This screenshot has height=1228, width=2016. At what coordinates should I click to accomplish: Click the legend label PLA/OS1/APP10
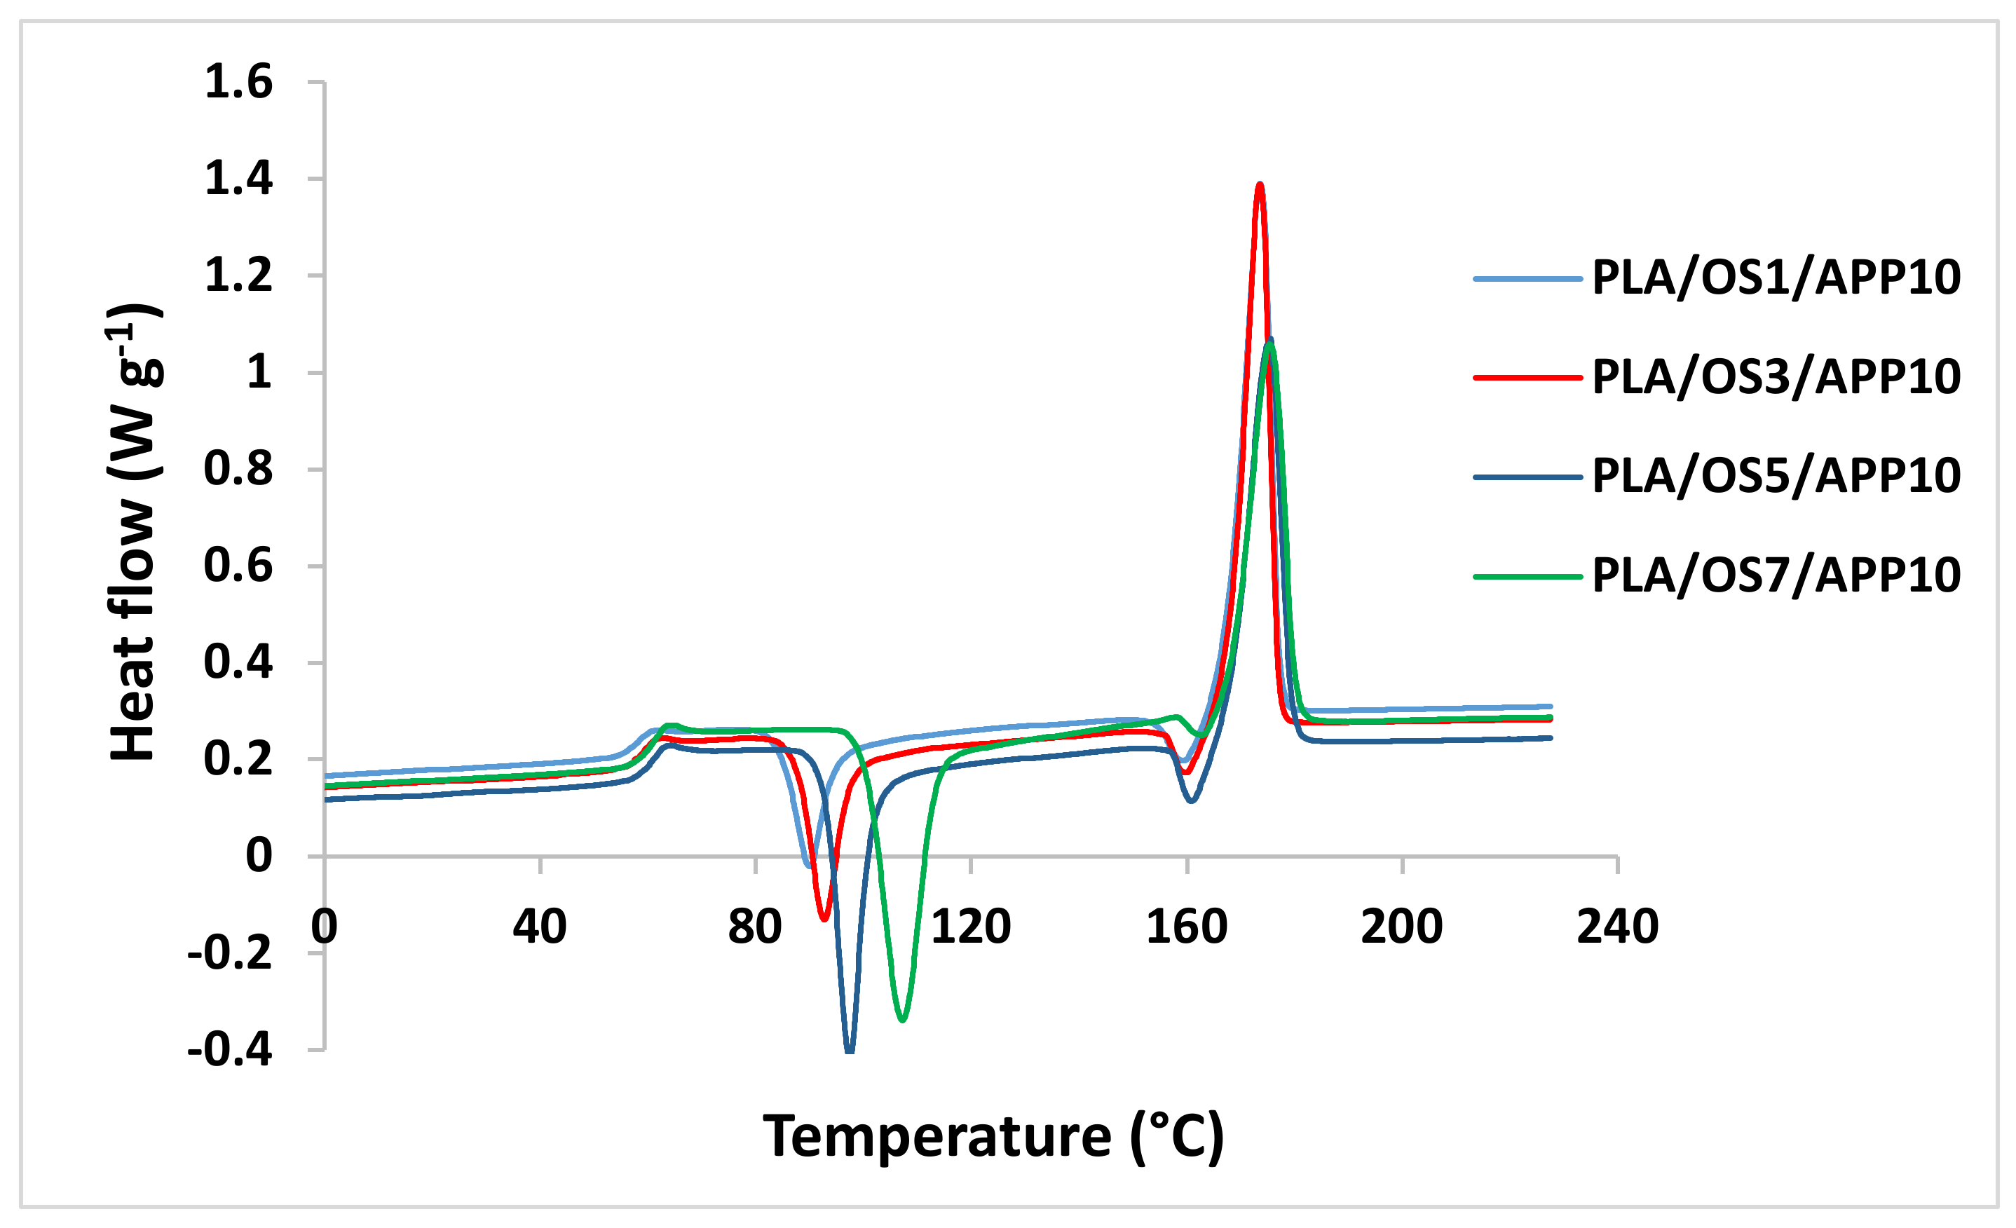1776,278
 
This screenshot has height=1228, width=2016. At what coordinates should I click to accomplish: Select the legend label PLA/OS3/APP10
1776,377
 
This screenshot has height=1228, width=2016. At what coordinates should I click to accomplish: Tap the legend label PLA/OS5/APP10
1776,476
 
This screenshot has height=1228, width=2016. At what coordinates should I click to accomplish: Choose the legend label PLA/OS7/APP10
1776,575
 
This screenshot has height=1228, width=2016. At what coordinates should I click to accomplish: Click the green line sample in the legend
1527,576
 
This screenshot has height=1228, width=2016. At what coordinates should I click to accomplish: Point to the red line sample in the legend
1527,377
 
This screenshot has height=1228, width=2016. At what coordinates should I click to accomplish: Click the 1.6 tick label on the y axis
238,83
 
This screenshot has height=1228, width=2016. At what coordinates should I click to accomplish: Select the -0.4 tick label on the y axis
230,1049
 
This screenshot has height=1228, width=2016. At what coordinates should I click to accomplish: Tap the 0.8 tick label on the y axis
238,469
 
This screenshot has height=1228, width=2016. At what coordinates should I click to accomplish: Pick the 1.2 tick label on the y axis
238,275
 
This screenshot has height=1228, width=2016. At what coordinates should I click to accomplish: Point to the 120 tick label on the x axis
970,926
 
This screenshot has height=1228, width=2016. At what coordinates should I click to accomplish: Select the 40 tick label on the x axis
539,926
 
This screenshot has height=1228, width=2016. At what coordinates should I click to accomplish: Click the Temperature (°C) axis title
993,1136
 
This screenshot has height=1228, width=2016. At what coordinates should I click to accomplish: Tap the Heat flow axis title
134,532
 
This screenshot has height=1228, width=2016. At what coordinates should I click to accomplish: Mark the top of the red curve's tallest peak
1260,185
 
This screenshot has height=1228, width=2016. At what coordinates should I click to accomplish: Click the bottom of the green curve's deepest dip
902,1019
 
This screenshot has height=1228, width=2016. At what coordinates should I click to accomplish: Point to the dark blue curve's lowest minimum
850,1051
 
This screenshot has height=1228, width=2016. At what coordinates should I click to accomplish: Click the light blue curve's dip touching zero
808,865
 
